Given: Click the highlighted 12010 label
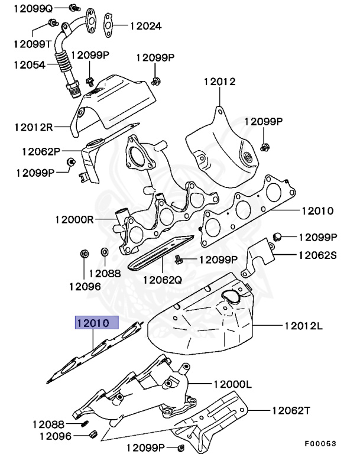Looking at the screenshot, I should (x=96, y=323).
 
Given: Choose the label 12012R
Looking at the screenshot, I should (x=34, y=127).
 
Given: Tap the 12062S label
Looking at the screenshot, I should (x=317, y=255).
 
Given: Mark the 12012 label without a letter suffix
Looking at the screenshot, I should (x=220, y=82).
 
